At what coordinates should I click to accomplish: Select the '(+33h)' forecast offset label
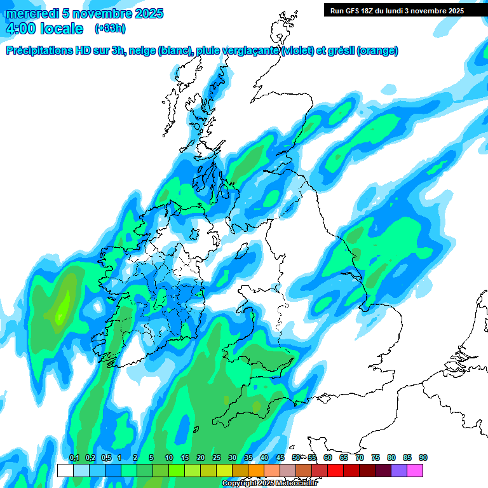tap(109, 29)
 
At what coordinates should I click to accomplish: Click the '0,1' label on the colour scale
tap(74, 458)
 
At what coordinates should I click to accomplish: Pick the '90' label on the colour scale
tap(423, 458)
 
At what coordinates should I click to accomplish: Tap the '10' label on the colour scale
tap(168, 458)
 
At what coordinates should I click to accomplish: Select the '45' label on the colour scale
tap(280, 458)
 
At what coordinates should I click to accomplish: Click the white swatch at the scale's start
tap(65, 470)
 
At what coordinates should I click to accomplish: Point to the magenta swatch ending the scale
tap(415, 470)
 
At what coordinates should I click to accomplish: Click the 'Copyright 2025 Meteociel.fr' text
tap(269, 484)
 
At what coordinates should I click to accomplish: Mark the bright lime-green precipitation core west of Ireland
tap(62, 308)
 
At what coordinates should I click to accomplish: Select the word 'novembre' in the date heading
tap(100, 13)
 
